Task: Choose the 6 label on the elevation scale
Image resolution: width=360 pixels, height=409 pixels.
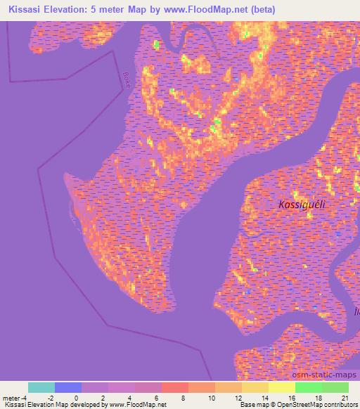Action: click(156, 398)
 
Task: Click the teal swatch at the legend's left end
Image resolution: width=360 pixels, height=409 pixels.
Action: click(41, 387)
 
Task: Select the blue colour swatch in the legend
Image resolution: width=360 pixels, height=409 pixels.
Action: click(68, 387)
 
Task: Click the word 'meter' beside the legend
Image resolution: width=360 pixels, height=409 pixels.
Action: click(13, 398)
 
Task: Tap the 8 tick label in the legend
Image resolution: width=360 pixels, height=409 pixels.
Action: click(183, 398)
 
